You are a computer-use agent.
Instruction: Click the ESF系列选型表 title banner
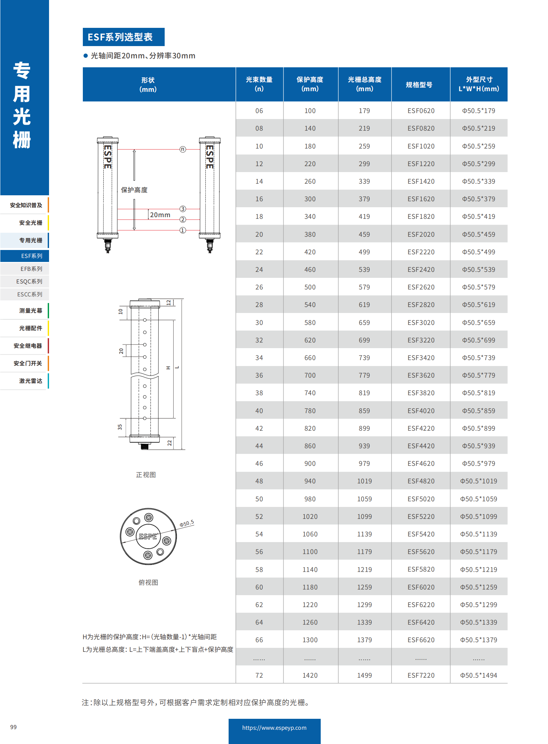point(123,37)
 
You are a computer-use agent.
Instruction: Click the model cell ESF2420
point(421,270)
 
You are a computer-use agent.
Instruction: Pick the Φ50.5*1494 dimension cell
point(478,675)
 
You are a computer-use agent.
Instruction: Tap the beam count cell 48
point(259,481)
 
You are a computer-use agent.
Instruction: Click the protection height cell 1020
point(310,517)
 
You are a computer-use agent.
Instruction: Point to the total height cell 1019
point(364,481)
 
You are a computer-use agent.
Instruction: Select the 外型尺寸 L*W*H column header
point(478,84)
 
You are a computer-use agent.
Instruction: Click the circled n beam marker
point(183,149)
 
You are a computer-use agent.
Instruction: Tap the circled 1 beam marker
point(183,230)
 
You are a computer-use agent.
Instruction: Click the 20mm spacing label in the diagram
point(160,215)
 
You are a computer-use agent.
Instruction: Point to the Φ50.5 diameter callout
point(187,524)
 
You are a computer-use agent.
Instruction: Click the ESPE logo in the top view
point(148,536)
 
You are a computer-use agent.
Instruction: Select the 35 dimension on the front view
point(120,427)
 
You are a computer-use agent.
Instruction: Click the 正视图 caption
point(146,475)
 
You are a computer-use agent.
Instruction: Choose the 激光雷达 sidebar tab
point(30,381)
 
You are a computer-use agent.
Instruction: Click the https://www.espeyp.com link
point(274,728)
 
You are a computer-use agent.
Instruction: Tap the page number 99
point(13,727)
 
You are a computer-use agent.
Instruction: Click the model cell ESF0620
point(421,111)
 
